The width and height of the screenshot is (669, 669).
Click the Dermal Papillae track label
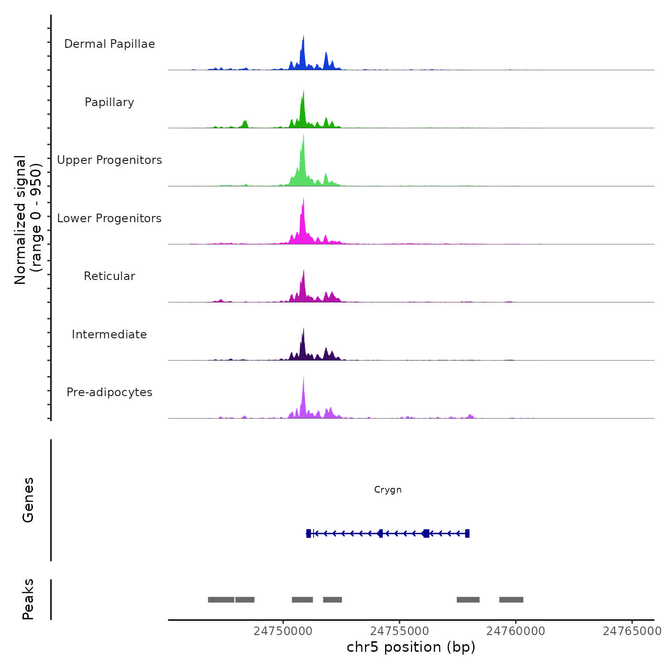(x=109, y=44)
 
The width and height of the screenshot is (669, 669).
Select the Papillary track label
(x=109, y=102)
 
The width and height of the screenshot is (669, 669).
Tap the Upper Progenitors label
(x=109, y=160)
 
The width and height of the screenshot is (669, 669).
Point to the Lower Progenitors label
(x=109, y=218)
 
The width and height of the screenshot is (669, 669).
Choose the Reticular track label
(x=109, y=276)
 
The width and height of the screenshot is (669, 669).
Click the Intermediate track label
(x=109, y=334)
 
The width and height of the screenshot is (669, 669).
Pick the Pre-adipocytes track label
(x=109, y=392)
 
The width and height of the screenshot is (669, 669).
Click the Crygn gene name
(x=388, y=490)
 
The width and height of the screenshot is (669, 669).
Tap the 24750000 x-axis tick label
(x=283, y=631)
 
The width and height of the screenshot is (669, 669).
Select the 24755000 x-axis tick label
(x=399, y=631)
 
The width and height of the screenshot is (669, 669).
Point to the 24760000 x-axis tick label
(x=516, y=631)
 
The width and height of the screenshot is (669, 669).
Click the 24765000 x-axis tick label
(x=632, y=631)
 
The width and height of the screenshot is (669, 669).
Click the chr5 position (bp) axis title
(x=411, y=647)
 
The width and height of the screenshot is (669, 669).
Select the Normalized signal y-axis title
(x=28, y=220)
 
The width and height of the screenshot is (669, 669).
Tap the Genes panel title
(x=28, y=500)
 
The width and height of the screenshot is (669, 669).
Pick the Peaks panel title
(x=28, y=599)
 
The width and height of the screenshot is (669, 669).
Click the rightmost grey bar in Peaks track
(x=511, y=600)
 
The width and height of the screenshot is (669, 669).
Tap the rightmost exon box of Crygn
(x=467, y=533)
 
